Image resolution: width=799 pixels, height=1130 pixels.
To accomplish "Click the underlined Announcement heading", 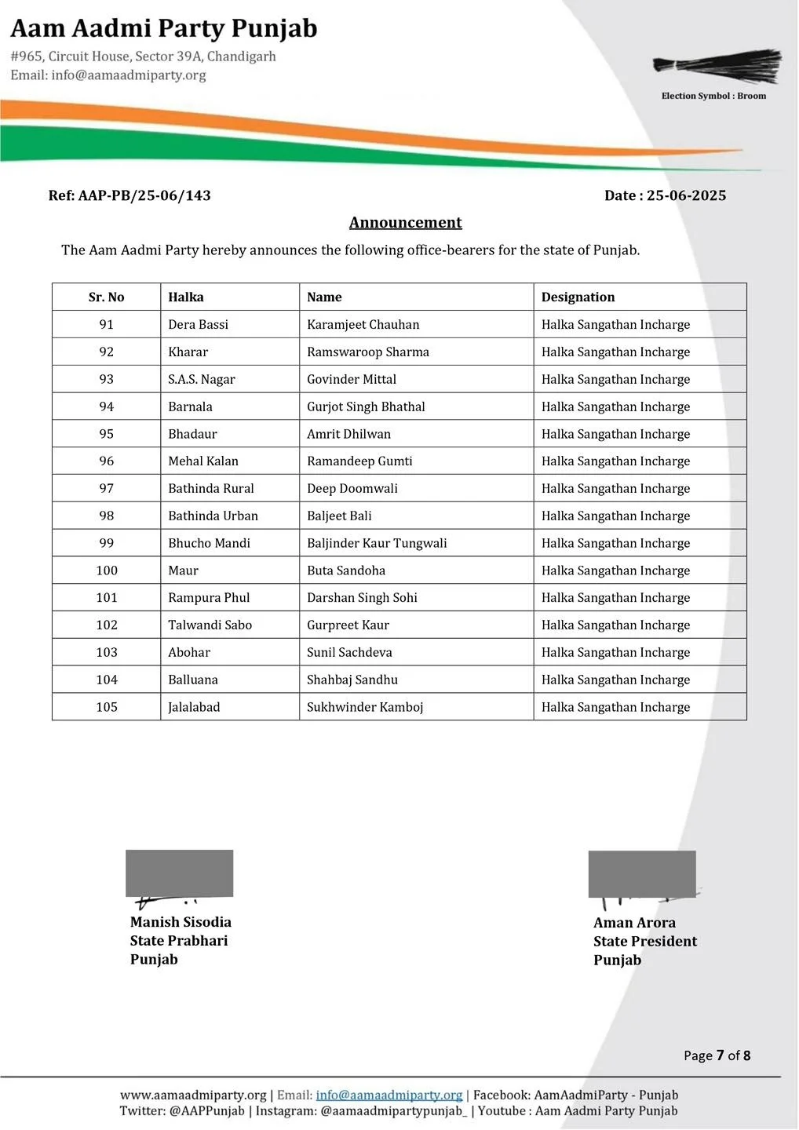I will click(405, 223).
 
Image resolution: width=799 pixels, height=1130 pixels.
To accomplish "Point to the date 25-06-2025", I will click(686, 195).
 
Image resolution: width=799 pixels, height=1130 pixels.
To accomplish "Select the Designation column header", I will click(578, 297).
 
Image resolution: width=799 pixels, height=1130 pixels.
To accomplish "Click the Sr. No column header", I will click(106, 297).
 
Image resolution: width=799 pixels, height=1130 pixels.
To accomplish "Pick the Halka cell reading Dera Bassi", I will click(198, 325).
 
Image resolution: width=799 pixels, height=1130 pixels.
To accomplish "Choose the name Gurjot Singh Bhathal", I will click(366, 406).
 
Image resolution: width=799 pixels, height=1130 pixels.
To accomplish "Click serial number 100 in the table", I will click(107, 570).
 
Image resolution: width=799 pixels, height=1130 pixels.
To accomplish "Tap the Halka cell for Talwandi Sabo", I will click(210, 625).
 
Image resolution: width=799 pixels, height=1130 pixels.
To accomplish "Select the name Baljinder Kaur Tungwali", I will click(377, 543).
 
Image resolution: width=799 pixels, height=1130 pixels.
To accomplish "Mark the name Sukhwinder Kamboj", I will click(365, 707).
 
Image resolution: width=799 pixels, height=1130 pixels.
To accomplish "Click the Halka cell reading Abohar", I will click(189, 652).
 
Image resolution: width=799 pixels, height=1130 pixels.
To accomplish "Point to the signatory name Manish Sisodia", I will click(181, 922).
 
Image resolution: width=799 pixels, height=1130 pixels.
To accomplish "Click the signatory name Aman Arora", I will click(634, 923).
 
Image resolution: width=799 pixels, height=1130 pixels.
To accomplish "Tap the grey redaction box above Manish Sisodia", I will click(180, 873).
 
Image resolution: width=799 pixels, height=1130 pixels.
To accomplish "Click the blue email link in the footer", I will click(389, 1095).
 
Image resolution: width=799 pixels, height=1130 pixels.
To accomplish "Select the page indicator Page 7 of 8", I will click(717, 1055).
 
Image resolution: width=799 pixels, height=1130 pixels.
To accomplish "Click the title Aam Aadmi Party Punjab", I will click(164, 29).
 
